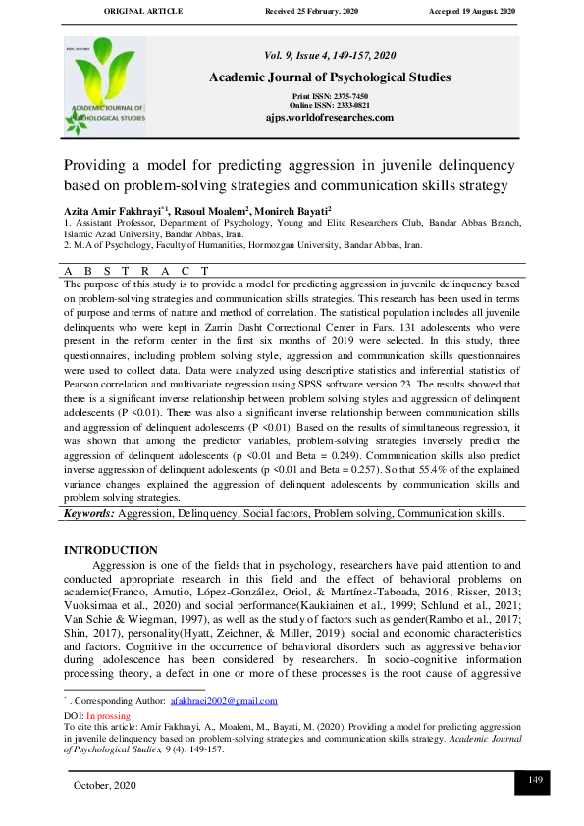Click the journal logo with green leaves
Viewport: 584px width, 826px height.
[x=105, y=86]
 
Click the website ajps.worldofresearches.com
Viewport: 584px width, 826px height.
[x=329, y=117]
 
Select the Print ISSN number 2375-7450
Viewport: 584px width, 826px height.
[x=343, y=96]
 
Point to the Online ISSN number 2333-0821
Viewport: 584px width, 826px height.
[x=345, y=104]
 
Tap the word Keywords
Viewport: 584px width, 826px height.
[x=89, y=513]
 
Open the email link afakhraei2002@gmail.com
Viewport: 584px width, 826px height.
[x=224, y=702]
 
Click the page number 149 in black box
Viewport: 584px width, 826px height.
[x=535, y=780]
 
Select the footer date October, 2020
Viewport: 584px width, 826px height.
[x=106, y=786]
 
